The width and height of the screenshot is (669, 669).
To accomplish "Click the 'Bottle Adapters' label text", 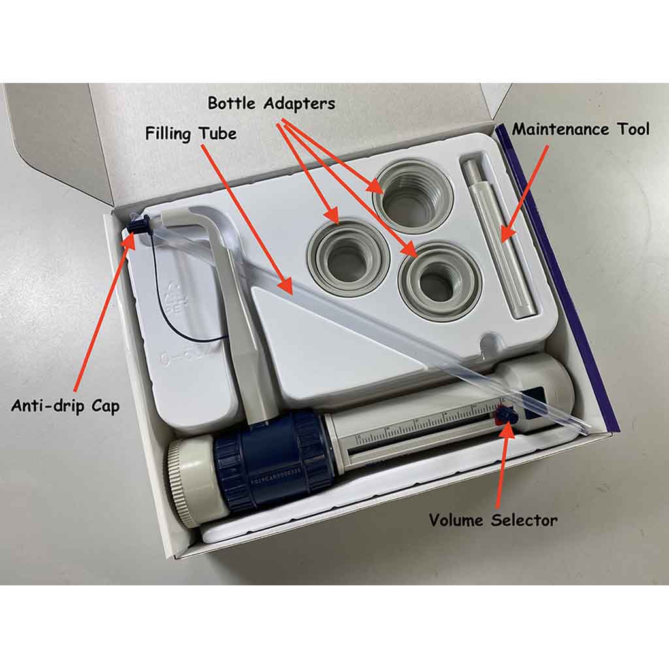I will pyautogui.click(x=271, y=103).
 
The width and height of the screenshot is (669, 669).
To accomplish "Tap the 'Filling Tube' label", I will pyautogui.click(x=191, y=134).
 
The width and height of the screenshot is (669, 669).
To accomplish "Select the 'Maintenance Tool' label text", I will pyautogui.click(x=580, y=129).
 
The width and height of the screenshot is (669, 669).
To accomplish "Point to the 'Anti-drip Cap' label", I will pyautogui.click(x=65, y=406).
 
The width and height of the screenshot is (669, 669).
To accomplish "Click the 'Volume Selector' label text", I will pyautogui.click(x=493, y=520).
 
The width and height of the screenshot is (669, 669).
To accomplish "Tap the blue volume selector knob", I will pyautogui.click(x=506, y=415).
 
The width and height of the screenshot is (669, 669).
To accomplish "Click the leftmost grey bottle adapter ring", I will pyautogui.click(x=348, y=258).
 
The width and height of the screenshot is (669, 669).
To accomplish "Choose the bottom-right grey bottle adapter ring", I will pyautogui.click(x=439, y=281).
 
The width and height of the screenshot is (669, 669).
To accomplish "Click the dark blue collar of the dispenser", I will pyautogui.click(x=274, y=459).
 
